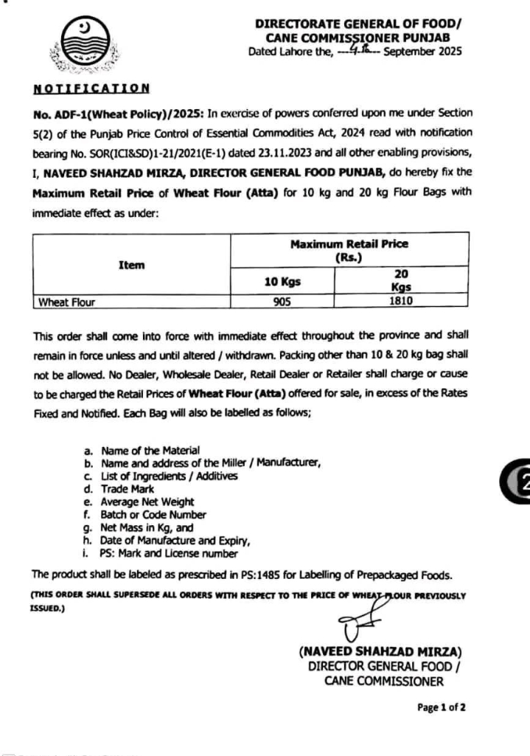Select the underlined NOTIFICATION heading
[91, 89]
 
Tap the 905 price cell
[282, 301]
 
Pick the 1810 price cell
[402, 301]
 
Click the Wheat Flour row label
[67, 302]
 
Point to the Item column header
[131, 265]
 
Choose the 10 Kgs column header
[282, 281]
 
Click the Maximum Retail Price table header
[349, 250]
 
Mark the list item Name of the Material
[150, 450]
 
